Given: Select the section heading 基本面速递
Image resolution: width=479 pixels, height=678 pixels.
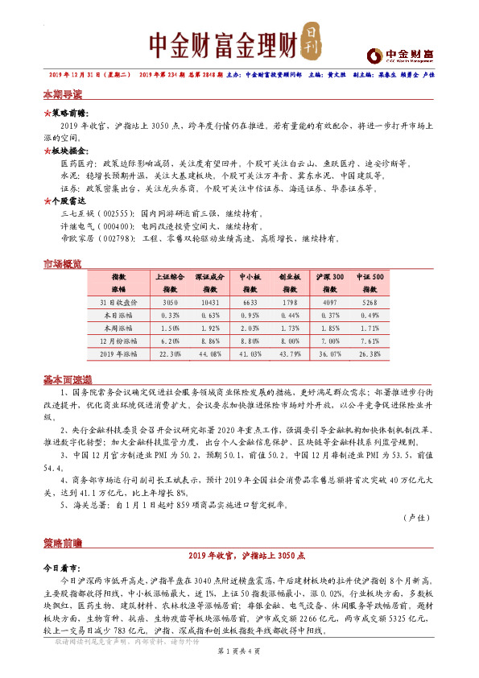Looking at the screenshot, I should (67, 379).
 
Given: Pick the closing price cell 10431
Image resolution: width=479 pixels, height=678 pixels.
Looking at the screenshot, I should (208, 302).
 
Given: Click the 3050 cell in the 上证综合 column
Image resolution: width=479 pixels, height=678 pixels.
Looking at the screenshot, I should (170, 302).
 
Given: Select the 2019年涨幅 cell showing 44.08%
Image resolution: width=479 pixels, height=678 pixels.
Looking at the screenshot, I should (208, 353).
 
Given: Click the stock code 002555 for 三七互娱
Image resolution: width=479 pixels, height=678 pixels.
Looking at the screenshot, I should (115, 216).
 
